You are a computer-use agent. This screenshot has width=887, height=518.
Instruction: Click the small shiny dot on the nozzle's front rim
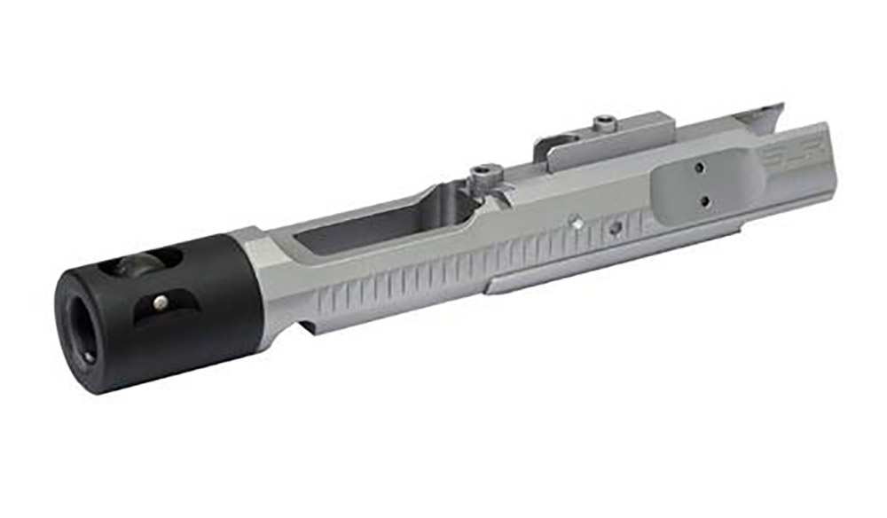(89, 357)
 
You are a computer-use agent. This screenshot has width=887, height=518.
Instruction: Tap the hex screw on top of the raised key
(603, 121)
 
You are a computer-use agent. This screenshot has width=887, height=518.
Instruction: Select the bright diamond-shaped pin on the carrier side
(577, 224)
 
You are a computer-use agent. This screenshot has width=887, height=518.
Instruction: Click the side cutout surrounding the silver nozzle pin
(164, 306)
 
